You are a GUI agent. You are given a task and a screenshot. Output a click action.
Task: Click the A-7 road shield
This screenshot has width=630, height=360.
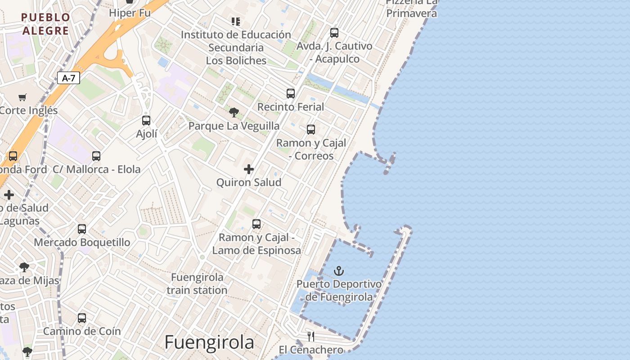click(69, 78)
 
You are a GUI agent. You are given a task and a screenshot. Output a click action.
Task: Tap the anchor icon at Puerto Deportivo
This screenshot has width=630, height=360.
click(339, 271)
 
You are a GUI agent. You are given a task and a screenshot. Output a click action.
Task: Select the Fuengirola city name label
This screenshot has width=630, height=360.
click(209, 342)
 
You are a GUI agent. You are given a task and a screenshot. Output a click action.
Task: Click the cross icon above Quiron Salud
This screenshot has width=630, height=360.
click(249, 169)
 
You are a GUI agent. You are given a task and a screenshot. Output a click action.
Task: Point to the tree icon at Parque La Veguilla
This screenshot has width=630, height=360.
click(234, 112)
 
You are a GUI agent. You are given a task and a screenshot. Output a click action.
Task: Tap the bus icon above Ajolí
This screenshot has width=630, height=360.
click(146, 121)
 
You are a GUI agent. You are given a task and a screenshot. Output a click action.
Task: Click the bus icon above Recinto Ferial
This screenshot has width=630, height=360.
click(291, 94)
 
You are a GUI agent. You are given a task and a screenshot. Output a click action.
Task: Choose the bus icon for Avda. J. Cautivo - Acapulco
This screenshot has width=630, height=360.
click(334, 33)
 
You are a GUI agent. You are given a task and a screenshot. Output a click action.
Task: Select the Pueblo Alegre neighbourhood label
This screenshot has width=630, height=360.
click(45, 24)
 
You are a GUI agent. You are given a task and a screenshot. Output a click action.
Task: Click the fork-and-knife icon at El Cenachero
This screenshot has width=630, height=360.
click(311, 336)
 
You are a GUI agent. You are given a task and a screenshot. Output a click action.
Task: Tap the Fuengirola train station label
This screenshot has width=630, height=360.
click(197, 283)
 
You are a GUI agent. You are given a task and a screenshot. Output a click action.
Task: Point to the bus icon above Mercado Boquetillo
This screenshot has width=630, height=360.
click(82, 229)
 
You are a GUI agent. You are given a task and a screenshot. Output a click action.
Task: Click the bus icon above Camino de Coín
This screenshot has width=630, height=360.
click(82, 318)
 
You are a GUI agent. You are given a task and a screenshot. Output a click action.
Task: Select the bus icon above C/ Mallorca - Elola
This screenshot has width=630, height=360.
click(96, 156)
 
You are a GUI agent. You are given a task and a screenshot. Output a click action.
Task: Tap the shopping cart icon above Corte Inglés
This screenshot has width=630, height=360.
click(22, 97)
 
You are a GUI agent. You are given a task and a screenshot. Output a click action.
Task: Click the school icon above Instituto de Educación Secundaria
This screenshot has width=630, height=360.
click(236, 21)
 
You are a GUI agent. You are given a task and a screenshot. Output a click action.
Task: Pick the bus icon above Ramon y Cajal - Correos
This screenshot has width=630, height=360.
click(311, 130)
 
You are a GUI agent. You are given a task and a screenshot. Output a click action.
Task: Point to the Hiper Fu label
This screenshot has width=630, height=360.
click(130, 13)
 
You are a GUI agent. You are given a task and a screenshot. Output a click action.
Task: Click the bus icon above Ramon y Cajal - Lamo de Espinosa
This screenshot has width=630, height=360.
click(256, 224)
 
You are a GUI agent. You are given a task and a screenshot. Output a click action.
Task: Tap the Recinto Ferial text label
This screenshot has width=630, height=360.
click(291, 107)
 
